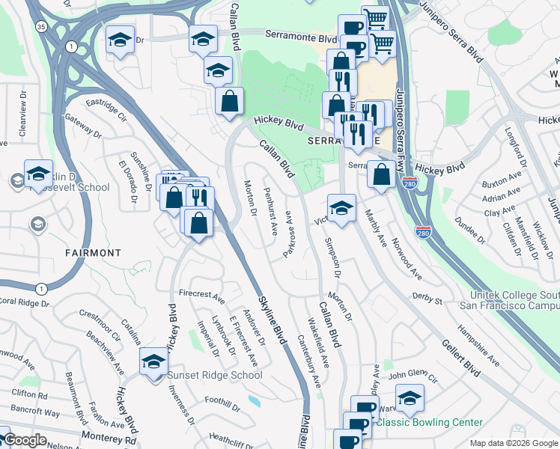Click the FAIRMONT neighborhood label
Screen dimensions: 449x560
coord(89,253)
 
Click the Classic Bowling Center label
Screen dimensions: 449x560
coord(429,422)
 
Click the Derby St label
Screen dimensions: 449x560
coord(427,299)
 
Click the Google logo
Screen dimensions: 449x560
coord(25,440)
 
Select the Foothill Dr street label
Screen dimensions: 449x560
coord(225,409)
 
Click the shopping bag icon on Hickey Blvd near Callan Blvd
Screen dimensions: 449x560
coord(229,101)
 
